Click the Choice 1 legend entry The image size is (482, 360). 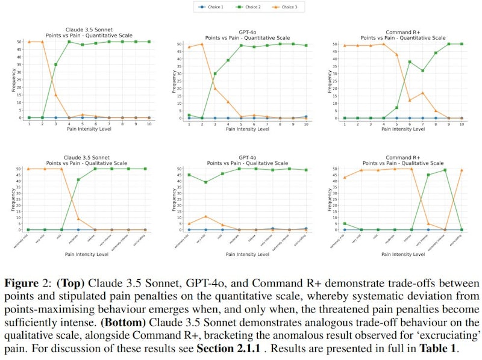point(211,7)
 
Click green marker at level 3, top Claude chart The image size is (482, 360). point(56,64)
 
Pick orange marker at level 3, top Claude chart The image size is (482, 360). point(56,95)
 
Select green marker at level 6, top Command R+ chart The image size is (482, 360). point(410,61)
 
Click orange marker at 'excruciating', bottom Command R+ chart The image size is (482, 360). point(462,170)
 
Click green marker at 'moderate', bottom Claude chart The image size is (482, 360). point(79,179)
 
